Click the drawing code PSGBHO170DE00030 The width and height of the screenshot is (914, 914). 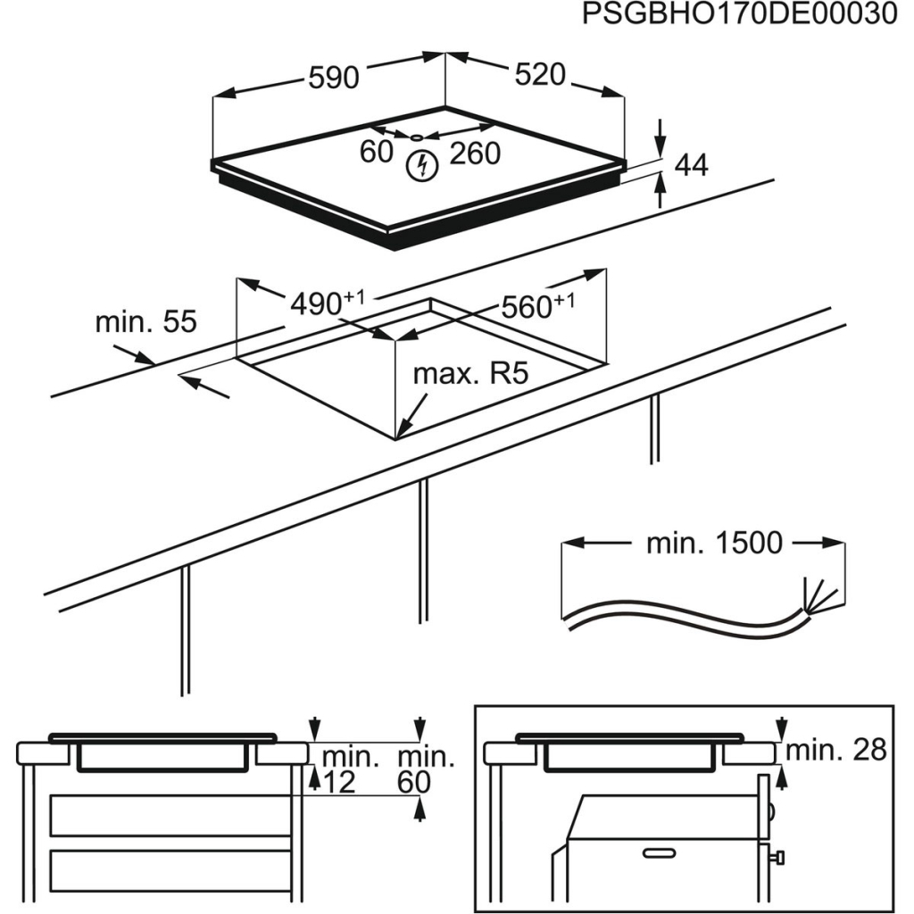[739, 15]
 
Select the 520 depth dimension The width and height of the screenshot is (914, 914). [540, 75]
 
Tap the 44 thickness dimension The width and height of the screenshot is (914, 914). [690, 165]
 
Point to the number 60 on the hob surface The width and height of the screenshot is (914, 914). [376, 153]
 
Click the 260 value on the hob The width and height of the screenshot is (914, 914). [474, 154]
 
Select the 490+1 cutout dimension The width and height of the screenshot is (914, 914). [326, 303]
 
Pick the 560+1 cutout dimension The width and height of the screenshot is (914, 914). [536, 306]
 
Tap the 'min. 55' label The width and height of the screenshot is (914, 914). [145, 322]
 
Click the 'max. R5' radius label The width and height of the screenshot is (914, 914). [470, 373]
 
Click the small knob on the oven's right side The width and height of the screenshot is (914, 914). [779, 858]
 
